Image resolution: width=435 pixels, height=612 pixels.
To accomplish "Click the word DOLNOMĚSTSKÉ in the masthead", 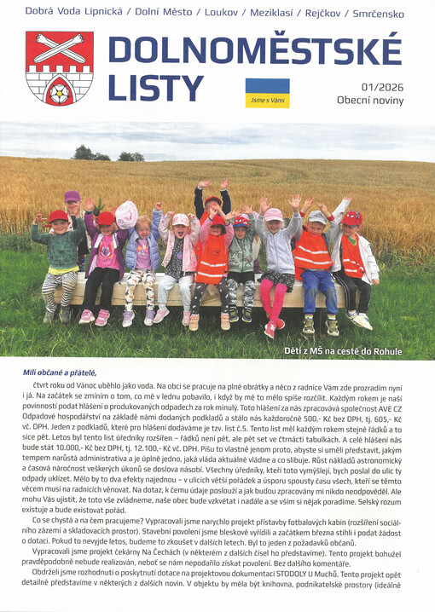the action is pyautogui.click(x=255, y=54).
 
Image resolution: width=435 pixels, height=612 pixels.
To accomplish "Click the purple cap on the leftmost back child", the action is pyautogui.click(x=72, y=196).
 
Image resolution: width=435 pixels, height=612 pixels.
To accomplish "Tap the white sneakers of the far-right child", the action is pyautogui.click(x=359, y=320).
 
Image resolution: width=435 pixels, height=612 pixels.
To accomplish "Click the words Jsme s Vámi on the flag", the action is pyautogui.click(x=266, y=99).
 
